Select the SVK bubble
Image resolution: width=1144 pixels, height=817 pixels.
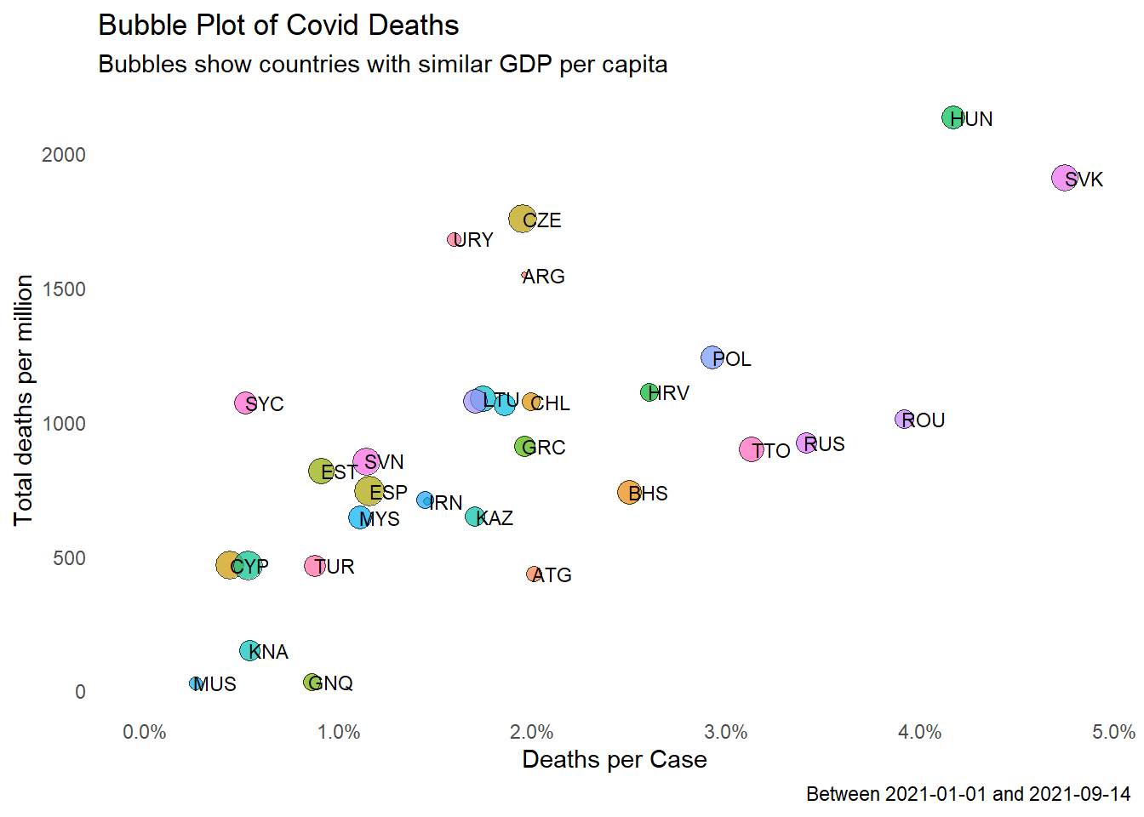(x=1064, y=178)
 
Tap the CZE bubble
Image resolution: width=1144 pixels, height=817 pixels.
(x=521, y=219)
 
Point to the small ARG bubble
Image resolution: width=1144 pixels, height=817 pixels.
(x=524, y=276)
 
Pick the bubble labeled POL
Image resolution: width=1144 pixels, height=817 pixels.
(x=712, y=357)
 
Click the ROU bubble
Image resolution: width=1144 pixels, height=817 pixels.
(x=904, y=419)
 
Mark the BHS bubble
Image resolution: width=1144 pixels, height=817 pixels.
(x=629, y=492)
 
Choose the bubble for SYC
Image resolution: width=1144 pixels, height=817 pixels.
(x=245, y=403)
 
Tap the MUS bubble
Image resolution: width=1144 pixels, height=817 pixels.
(x=196, y=683)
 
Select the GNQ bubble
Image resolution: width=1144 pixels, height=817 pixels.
(x=312, y=682)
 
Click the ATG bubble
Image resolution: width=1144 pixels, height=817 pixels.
(x=534, y=574)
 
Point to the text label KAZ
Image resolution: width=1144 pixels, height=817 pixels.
(x=495, y=518)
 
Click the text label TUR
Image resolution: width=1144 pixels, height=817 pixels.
(x=335, y=567)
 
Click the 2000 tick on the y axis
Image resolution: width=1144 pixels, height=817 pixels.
(x=64, y=155)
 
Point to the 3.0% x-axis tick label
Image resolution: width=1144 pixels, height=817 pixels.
(x=726, y=732)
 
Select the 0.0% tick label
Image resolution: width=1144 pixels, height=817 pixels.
(x=145, y=732)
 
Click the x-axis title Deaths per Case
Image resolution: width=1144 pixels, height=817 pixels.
(x=614, y=759)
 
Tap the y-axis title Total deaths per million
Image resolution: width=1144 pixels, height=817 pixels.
(x=24, y=400)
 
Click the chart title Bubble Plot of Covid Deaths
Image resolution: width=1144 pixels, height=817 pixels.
(x=278, y=26)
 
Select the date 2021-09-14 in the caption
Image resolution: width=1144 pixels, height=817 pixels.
(x=1079, y=794)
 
